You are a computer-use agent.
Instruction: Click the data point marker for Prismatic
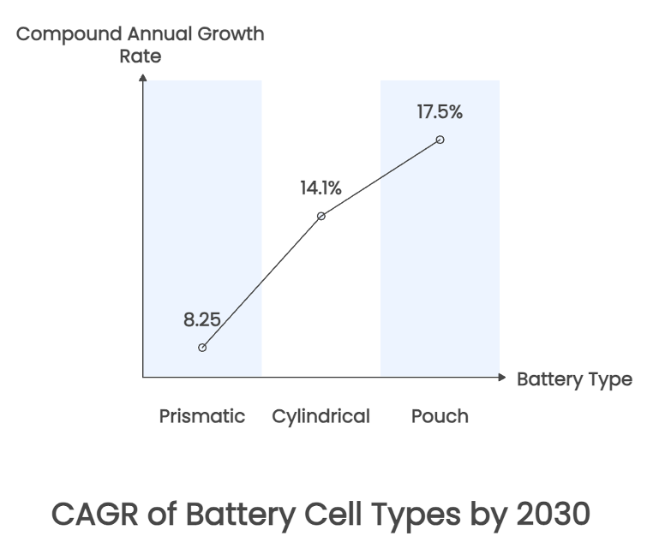(202, 348)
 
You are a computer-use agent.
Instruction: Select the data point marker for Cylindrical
(321, 216)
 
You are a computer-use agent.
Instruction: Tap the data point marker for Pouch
(440, 140)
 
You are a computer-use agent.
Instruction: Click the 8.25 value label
(202, 320)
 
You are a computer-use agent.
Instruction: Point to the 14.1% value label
(321, 188)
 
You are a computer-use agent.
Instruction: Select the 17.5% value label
(440, 111)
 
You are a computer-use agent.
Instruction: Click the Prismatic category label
(202, 417)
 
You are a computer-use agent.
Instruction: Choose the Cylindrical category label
(321, 417)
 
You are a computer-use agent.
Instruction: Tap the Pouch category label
(440, 417)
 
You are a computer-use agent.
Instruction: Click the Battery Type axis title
(574, 379)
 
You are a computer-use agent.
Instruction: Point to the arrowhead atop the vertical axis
(142, 79)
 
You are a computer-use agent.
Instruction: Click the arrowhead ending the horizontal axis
(503, 377)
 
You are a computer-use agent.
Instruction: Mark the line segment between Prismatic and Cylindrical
(261, 282)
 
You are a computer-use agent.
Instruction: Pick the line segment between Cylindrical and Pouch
(380, 177)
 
